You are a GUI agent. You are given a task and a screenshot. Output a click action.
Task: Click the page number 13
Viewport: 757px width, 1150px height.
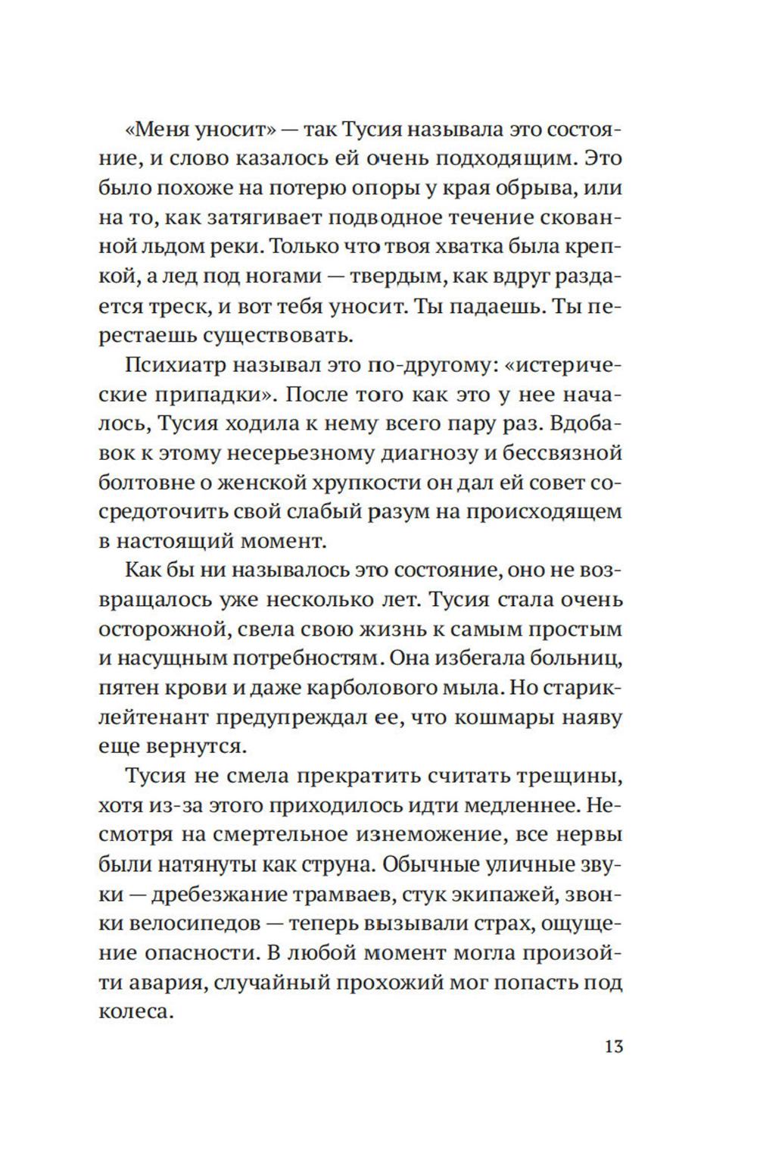coord(613,1047)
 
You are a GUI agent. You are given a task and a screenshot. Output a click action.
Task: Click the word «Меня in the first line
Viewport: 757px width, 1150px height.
coord(154,130)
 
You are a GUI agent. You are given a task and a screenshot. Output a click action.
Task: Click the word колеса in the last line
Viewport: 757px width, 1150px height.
coord(132,1011)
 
